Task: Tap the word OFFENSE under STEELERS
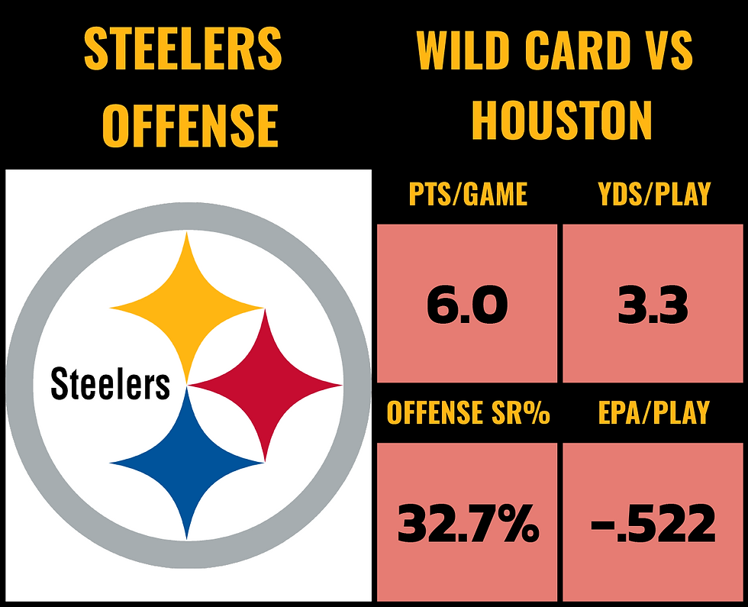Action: (190, 124)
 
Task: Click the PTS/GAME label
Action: (467, 195)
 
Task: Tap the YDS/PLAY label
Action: (654, 195)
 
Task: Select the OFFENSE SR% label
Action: (468, 413)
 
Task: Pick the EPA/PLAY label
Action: (654, 413)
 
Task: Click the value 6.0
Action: (467, 305)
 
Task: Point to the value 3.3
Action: (654, 305)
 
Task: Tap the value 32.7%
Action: (468, 524)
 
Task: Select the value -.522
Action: (654, 524)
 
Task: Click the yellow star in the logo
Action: (187, 305)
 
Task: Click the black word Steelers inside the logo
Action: (110, 384)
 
